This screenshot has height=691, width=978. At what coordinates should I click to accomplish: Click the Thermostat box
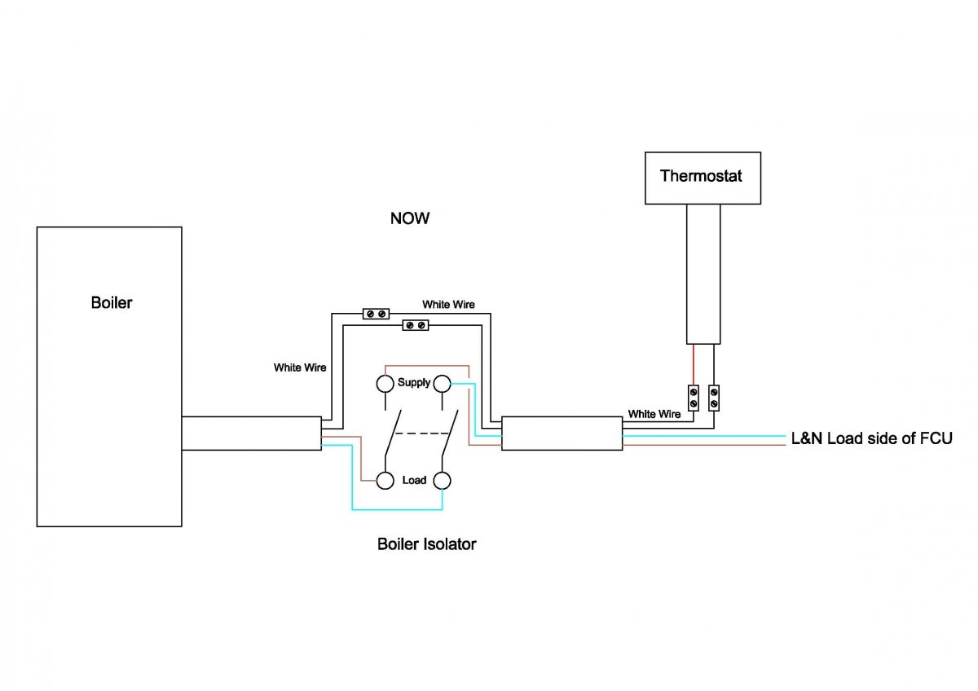click(703, 177)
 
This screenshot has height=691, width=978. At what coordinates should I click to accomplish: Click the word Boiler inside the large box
click(111, 303)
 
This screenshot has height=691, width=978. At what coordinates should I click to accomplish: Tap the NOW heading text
click(409, 218)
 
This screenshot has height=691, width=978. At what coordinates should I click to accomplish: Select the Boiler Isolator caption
click(426, 544)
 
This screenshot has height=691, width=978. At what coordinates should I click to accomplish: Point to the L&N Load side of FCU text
click(871, 438)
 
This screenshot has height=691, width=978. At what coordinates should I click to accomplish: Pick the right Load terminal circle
click(443, 480)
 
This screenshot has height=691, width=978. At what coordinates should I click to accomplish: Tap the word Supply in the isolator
click(414, 382)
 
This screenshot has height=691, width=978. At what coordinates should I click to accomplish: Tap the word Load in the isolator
click(414, 480)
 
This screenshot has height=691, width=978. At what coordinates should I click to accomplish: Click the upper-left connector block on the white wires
click(376, 313)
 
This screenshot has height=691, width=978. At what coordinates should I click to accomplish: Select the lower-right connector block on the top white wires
click(416, 325)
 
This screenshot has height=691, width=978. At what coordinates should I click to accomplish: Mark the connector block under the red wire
click(694, 397)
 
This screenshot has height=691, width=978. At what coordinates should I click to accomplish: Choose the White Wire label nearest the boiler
click(300, 368)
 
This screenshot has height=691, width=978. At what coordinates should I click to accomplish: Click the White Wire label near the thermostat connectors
click(654, 414)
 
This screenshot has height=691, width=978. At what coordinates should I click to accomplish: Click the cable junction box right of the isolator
click(562, 434)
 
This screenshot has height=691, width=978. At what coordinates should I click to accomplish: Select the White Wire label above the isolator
click(448, 304)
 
